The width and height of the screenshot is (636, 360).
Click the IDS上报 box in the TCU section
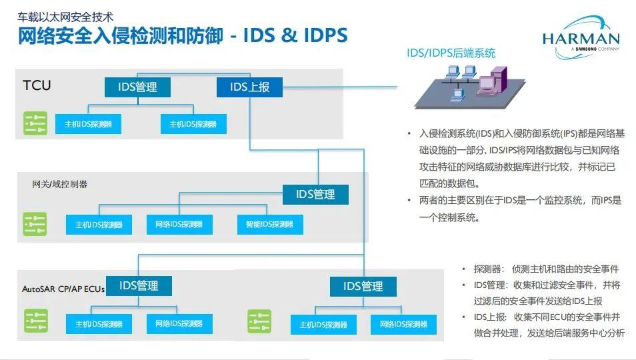click(x=249, y=87)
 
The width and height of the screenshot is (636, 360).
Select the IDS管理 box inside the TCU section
click(x=137, y=87)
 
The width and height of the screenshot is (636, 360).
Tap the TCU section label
click(x=37, y=85)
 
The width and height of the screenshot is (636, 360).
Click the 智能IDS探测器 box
click(x=269, y=225)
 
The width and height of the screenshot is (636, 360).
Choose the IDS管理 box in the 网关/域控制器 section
click(x=315, y=195)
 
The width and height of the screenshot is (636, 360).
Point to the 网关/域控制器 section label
click(x=60, y=184)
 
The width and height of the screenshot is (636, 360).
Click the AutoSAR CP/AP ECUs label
click(x=63, y=289)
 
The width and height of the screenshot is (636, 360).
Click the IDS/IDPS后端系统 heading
click(x=451, y=53)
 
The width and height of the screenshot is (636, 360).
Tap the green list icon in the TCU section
click(x=35, y=123)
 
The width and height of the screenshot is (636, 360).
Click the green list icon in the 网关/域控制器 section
click(x=35, y=224)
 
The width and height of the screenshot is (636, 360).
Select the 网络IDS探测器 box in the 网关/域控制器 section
click(x=179, y=225)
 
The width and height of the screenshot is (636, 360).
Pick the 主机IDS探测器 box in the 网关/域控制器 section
click(x=99, y=225)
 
